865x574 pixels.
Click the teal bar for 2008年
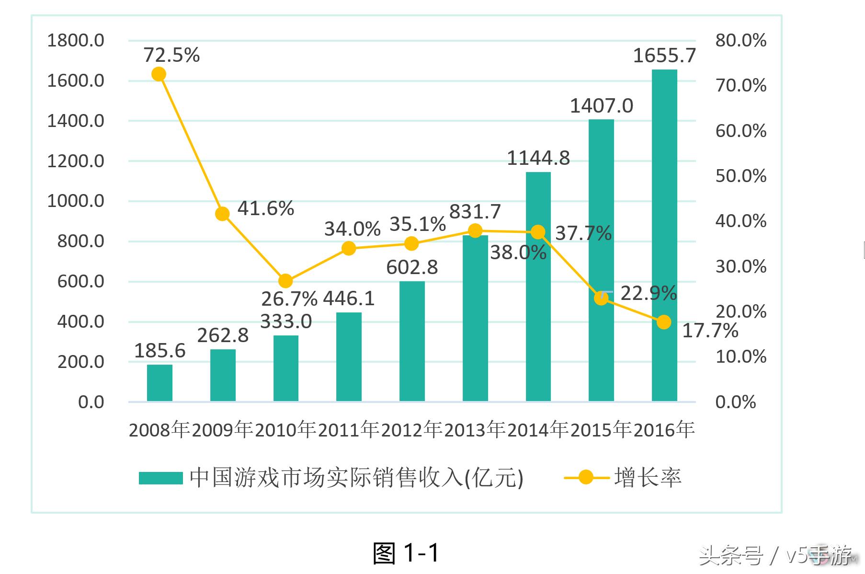(159, 383)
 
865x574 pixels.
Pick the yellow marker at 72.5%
(159, 74)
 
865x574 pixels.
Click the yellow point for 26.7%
(285, 281)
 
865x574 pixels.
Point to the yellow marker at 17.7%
(664, 322)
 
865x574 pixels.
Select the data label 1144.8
(538, 158)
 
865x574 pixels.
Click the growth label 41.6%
(266, 208)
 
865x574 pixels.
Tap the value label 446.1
(349, 298)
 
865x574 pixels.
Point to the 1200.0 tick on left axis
(76, 161)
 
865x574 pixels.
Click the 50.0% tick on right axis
(740, 176)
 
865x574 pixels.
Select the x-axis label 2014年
(538, 429)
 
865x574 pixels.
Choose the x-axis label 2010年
(285, 429)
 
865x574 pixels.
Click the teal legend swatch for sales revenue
(161, 478)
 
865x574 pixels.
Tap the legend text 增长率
(648, 478)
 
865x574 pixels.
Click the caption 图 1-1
(406, 553)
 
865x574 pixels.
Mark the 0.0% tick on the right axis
(735, 402)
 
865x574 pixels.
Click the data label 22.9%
(649, 293)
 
